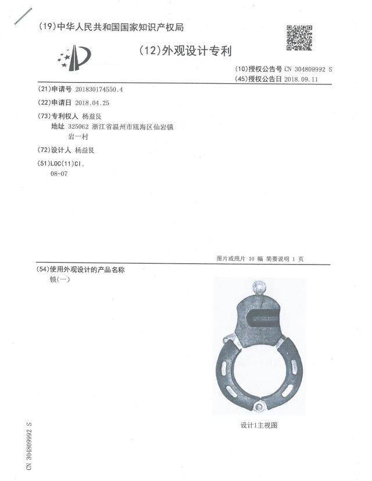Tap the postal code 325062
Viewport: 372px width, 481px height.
coord(78,126)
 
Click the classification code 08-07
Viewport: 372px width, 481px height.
coord(60,174)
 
